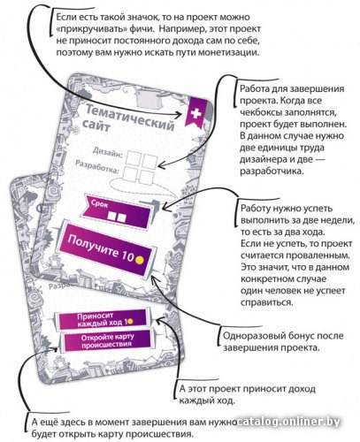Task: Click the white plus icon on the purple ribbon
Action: coord(195,113)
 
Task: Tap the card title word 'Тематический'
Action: coord(130,118)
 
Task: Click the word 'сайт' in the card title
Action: coord(96,126)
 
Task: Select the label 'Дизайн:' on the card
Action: coord(108,152)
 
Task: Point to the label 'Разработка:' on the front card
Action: coord(97,166)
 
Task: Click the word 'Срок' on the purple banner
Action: coord(100,203)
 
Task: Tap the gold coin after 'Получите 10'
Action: coord(140,260)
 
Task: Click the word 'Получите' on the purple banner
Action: coord(94,247)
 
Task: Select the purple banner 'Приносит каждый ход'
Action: coord(103,319)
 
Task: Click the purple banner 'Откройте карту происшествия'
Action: coord(107,341)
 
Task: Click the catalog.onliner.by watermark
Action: coord(288,422)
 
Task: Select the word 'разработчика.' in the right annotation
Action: coord(272,171)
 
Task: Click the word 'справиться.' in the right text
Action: coord(267,302)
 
